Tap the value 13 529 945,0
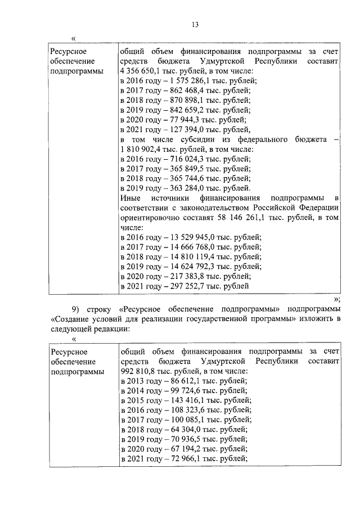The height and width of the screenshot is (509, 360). pos(188,237)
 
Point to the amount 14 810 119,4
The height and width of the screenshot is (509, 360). pos(188,257)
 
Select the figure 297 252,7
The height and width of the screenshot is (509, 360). pos(181,286)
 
